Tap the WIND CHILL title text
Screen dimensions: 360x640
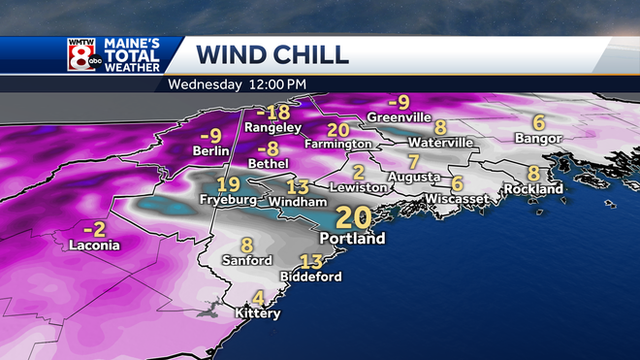click(272, 53)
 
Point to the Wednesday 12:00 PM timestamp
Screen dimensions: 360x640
click(237, 83)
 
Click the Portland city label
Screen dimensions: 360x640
click(352, 238)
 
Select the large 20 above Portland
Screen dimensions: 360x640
click(352, 215)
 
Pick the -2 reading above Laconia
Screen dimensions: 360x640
click(94, 229)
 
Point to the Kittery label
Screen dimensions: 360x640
click(257, 313)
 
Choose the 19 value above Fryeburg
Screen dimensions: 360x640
click(229, 185)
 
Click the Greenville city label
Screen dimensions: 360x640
click(399, 117)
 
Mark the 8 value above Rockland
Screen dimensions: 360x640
click(533, 173)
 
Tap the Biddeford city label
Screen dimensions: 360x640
click(310, 277)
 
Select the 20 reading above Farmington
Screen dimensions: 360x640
click(338, 129)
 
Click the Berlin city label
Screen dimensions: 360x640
click(210, 151)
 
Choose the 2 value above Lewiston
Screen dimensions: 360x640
click(358, 172)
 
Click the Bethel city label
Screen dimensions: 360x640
click(273, 166)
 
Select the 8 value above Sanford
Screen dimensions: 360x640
click(246, 245)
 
